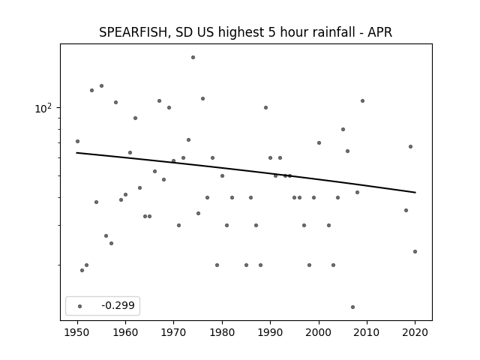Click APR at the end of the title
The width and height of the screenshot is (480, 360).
coord(380,32)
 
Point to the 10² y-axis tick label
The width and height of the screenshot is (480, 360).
coord(43,108)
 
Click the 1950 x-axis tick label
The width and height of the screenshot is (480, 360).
coord(77,332)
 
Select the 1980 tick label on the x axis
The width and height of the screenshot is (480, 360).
coord(222,332)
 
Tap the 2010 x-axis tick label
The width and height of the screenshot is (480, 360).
coord(367,332)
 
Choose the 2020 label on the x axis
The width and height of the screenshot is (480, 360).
coord(415,332)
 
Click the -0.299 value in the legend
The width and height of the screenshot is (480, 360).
coord(118,305)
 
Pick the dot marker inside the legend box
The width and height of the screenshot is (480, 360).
coord(80,306)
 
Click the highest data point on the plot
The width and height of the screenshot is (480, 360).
coord(193,57)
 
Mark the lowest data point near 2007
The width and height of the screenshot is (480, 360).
coord(352,307)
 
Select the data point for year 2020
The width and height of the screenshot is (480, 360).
coord(415,252)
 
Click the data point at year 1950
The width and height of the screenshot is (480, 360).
coord(77,142)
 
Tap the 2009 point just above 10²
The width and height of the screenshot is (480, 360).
coord(362,100)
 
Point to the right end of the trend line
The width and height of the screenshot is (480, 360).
coord(415,192)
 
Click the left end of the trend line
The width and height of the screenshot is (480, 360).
coord(76,152)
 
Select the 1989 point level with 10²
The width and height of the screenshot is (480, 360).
coord(265,107)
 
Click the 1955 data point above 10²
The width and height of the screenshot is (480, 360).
coord(102,86)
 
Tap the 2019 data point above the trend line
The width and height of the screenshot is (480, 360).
coord(410,147)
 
